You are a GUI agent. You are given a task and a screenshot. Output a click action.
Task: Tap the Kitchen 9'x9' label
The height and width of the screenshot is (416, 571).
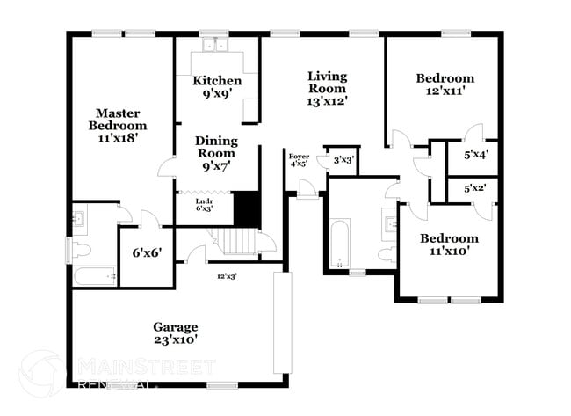tap(216, 87)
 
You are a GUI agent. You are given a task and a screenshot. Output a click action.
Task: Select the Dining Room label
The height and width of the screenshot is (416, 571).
tap(215, 153)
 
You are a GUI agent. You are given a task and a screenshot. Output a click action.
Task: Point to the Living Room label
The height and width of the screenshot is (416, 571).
tap(327, 88)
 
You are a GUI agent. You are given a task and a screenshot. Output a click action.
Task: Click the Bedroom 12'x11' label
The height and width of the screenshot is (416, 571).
tap(445, 84)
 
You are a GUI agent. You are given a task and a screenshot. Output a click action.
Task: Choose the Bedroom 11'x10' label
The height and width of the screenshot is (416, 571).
tap(448, 244)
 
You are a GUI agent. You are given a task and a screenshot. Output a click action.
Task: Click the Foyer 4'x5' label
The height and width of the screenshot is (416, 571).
tap(299, 160)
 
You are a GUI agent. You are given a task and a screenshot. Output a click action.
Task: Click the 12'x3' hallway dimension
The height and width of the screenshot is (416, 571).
tap(228, 276)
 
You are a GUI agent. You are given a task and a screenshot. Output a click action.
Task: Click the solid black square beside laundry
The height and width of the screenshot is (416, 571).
tap(247, 208)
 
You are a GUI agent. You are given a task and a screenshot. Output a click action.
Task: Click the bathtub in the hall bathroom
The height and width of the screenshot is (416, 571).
tap(339, 243)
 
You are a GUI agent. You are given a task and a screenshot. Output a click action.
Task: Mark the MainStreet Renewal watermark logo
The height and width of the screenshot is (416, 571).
tap(41, 373)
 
